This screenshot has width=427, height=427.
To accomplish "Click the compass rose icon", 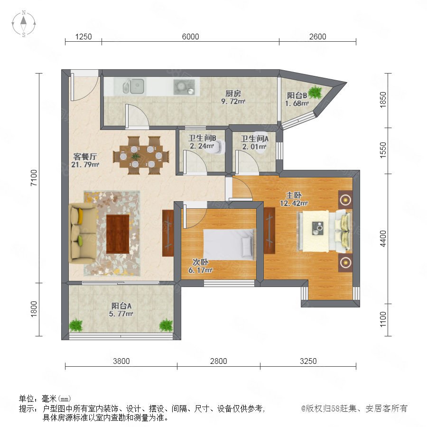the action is click(x=24, y=23).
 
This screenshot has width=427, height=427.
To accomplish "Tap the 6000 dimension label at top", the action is click(x=190, y=37).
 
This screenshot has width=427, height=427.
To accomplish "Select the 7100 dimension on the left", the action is click(x=34, y=178).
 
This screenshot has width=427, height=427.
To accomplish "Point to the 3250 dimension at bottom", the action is click(x=308, y=361).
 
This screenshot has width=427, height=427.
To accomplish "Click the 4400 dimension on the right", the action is click(x=383, y=239).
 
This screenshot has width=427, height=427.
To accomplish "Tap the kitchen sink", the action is click(x=133, y=86).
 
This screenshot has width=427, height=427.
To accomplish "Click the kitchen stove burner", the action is click(x=184, y=87).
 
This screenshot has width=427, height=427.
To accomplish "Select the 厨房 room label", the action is click(x=233, y=93).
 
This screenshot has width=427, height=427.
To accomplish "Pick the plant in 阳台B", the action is click(x=315, y=92).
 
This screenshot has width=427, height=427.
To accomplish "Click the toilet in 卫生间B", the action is click(x=220, y=147).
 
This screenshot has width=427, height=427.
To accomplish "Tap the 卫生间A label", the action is click(x=254, y=139).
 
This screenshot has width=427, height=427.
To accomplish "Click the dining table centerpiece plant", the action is click(x=136, y=156).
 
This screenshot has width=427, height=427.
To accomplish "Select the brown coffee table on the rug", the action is click(x=118, y=234).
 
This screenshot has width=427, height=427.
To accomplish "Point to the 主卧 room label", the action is click(x=294, y=195).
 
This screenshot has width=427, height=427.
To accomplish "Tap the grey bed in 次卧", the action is click(x=229, y=244).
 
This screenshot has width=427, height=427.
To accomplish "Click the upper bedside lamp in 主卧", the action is click(x=345, y=200).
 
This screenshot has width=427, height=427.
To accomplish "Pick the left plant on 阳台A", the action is click(x=76, y=325).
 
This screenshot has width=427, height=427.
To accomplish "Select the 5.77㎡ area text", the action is click(x=121, y=314).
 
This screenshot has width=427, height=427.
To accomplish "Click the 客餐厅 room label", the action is click(x=85, y=157).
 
